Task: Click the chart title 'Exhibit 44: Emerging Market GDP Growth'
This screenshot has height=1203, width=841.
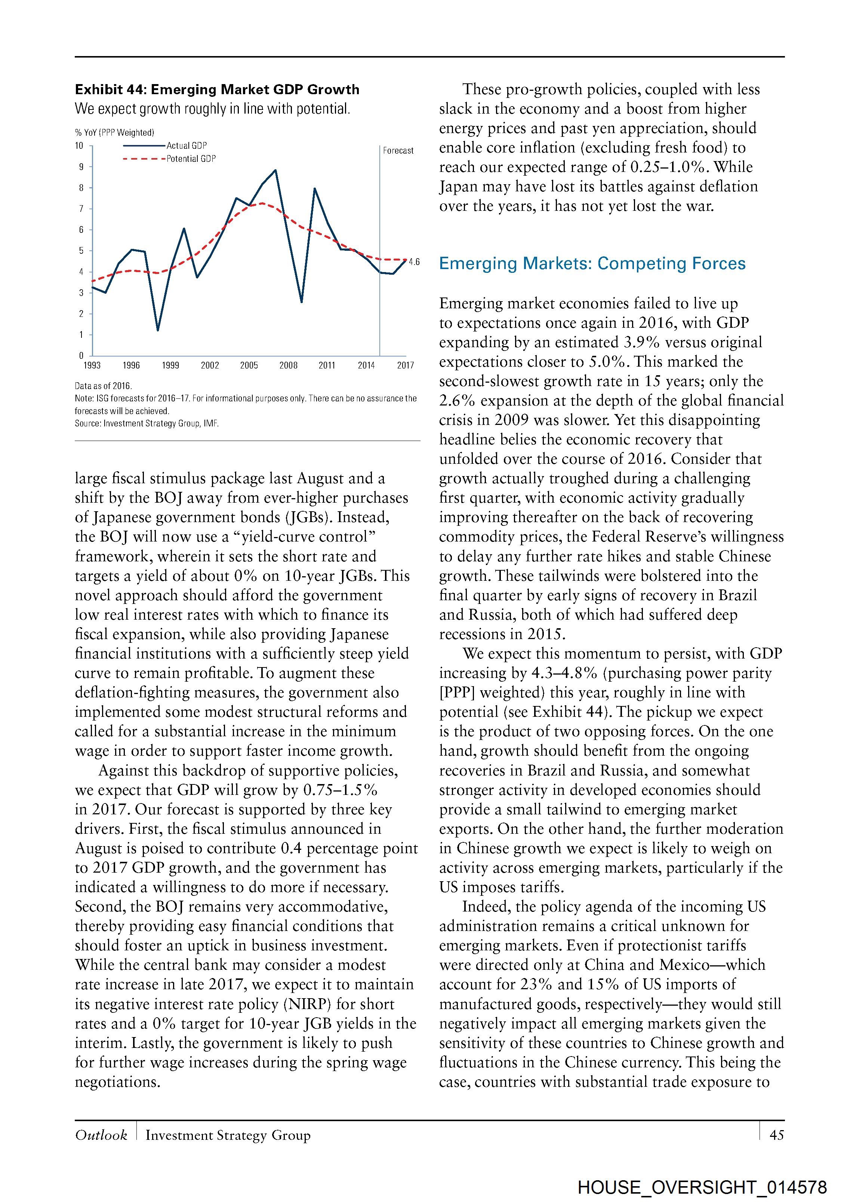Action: (217, 90)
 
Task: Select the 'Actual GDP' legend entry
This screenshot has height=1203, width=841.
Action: (187, 146)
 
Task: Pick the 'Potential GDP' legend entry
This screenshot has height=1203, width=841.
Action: (191, 159)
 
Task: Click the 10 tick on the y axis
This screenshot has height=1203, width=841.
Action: (79, 146)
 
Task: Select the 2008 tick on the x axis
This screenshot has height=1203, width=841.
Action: (288, 365)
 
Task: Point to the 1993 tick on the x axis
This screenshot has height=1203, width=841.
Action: (92, 365)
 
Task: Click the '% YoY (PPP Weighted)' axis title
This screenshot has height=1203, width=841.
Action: (114, 133)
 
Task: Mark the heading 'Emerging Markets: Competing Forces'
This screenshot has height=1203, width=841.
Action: (592, 263)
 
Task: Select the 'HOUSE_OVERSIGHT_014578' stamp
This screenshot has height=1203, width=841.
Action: (702, 1187)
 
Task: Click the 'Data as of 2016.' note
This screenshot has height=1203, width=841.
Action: (103, 386)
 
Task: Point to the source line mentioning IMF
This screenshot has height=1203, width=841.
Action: (147, 423)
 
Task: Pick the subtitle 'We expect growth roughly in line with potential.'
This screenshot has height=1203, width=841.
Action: (212, 109)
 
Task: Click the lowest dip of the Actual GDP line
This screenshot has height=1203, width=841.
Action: (158, 330)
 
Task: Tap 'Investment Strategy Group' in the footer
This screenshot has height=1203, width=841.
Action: (228, 1135)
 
